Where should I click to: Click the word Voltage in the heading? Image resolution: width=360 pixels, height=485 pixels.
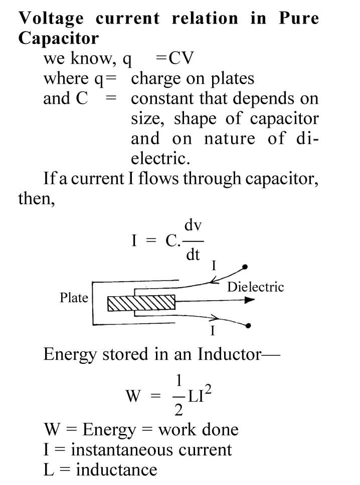[52, 19]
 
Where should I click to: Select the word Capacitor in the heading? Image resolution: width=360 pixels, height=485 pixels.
[59, 38]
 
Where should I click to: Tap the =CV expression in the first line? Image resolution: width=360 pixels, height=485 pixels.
[175, 59]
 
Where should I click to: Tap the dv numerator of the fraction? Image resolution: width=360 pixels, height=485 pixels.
[193, 225]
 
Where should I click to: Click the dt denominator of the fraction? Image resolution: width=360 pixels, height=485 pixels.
[193, 255]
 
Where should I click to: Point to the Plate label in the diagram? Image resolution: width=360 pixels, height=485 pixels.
[74, 298]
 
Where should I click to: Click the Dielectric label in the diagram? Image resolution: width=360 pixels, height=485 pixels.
[255, 287]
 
